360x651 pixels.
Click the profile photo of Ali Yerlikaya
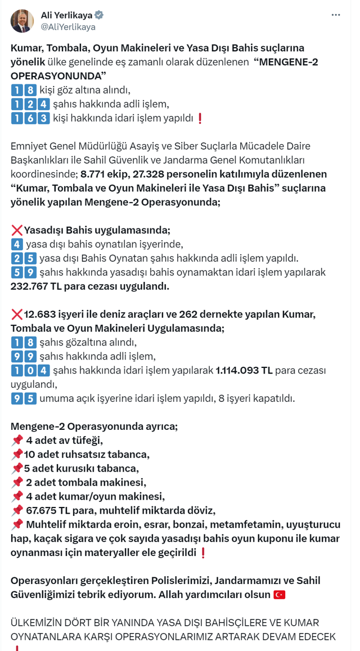tap(22, 21)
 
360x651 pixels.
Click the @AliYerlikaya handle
tap(68, 26)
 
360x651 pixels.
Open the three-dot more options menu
tap(336, 15)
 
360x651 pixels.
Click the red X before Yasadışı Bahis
tap(17, 230)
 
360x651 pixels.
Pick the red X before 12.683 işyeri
tap(17, 314)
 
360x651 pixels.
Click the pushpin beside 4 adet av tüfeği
tap(17, 440)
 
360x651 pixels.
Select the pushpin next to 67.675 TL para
tap(17, 510)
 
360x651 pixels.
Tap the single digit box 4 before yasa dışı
tap(17, 244)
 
